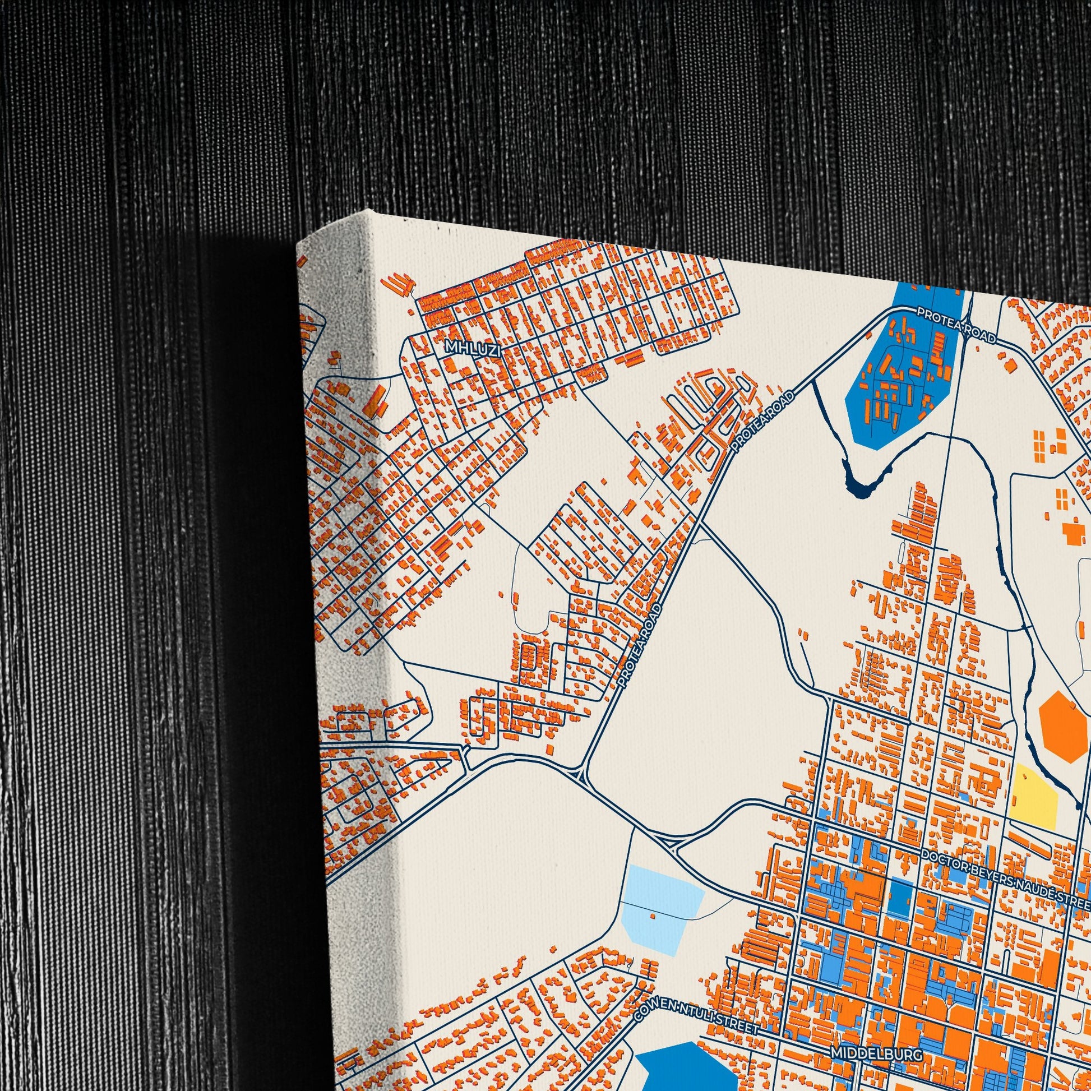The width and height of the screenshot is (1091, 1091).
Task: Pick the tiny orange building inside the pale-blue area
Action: [x=653, y=916]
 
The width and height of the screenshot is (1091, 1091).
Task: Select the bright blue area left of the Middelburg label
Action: [x=686, y=1062]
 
